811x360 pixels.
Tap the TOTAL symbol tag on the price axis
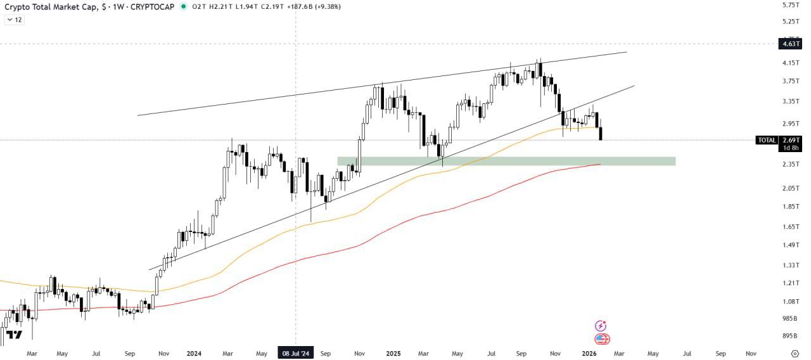767,140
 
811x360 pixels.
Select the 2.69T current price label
791,140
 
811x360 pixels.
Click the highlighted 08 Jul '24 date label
296,353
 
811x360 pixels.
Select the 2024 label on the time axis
194,353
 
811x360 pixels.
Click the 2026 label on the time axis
589,353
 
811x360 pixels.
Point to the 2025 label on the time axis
393,353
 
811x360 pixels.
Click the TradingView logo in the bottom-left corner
14,335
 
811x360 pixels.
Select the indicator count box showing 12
15,20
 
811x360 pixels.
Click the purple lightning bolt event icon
601,326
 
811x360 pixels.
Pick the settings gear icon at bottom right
795,353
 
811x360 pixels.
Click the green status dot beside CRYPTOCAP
184,6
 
